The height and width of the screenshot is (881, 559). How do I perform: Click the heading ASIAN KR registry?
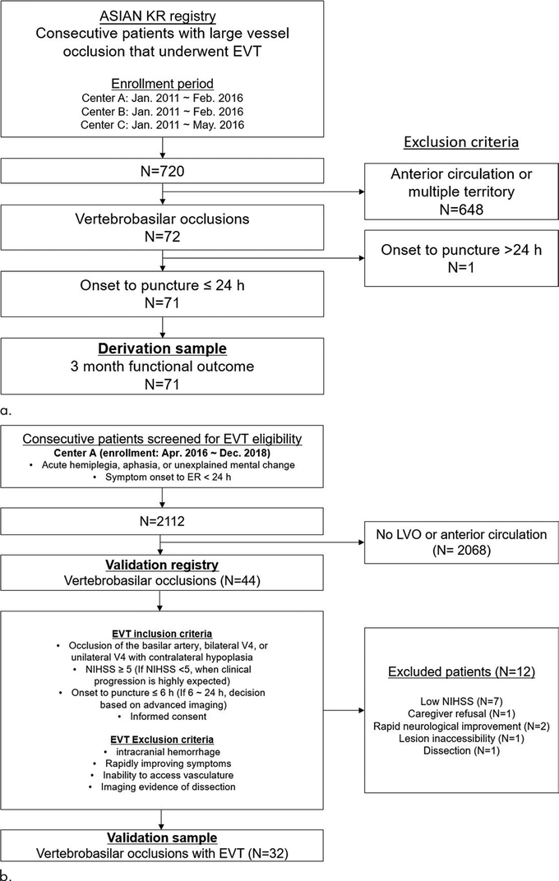[158, 16]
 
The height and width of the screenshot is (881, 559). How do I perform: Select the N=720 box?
[163, 171]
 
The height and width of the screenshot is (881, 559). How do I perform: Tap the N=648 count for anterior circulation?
[461, 209]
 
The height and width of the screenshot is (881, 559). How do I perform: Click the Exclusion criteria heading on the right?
[461, 142]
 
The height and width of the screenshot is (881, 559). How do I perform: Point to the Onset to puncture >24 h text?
[461, 250]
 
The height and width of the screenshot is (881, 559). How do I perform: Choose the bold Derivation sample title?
[163, 348]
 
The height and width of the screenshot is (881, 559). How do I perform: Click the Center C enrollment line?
[163, 125]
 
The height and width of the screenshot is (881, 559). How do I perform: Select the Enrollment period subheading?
[163, 84]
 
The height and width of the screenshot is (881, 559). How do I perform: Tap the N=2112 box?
[162, 521]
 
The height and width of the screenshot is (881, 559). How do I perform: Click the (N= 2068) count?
[461, 550]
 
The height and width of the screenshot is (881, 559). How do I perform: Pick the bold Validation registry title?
[162, 565]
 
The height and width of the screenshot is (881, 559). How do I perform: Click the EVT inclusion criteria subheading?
[162, 634]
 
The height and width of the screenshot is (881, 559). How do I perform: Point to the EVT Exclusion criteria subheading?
[162, 740]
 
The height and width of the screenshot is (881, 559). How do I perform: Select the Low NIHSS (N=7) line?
[461, 701]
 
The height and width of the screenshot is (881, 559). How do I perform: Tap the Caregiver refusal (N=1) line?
[461, 713]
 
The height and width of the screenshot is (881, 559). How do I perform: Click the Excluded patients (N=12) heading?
[461, 672]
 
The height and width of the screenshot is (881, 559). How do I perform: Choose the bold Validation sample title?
[162, 837]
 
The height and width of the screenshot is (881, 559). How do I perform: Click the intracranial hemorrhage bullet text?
[168, 752]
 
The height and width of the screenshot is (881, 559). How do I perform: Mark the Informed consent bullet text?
[168, 717]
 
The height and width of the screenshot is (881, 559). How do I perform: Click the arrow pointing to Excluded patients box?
[344, 710]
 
